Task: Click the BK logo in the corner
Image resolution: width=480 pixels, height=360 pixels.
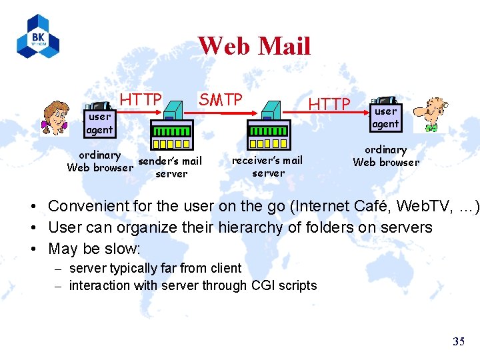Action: [38, 36]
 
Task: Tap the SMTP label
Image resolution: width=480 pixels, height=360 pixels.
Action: [221, 100]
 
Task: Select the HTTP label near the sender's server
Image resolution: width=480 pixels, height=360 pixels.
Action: [141, 100]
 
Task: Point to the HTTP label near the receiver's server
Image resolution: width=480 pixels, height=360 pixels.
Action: [329, 104]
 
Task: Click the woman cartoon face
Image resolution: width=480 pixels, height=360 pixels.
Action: [55, 117]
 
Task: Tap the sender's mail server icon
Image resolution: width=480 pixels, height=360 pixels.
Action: [171, 127]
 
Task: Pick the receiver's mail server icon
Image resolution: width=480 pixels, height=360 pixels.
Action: [268, 127]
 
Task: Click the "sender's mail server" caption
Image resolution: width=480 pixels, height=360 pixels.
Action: [170, 167]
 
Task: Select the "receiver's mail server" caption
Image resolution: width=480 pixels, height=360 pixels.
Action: [267, 166]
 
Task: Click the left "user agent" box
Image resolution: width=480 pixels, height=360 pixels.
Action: [99, 123]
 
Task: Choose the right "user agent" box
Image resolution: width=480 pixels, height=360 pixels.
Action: [385, 117]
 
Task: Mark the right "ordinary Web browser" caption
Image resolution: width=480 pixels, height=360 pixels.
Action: [386, 156]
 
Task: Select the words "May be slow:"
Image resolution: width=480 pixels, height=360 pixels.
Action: [94, 249]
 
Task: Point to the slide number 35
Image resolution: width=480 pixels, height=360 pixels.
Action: [459, 342]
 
